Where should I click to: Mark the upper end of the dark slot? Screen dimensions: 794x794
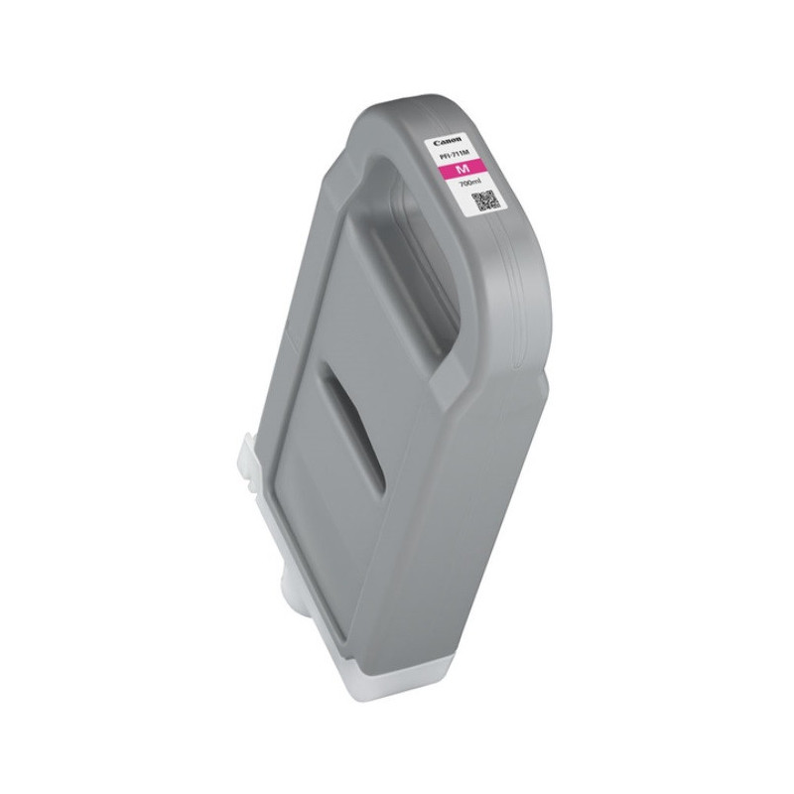pyautogui.click(x=329, y=371)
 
